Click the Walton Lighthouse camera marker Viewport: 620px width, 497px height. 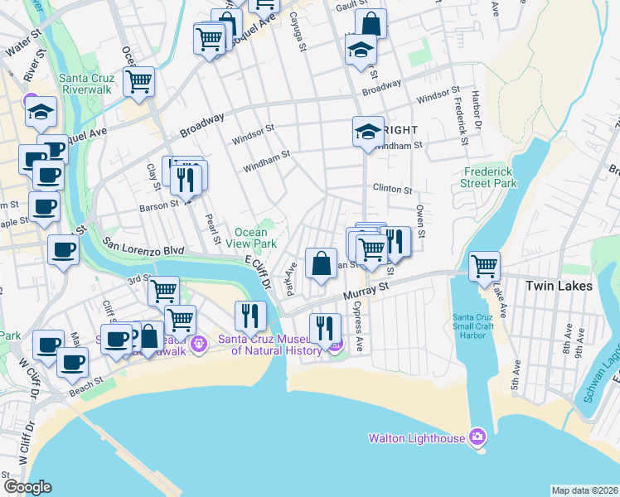pyautogui.click(x=477, y=437)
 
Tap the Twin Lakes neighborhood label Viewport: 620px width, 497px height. pyautogui.click(x=559, y=286)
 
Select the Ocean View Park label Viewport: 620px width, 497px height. pyautogui.click(x=255, y=239)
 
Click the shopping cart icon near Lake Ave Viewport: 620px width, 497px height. pyautogui.click(x=484, y=267)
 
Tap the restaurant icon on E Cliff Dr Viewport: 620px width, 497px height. pyautogui.click(x=247, y=315)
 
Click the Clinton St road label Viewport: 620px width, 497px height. pyautogui.click(x=392, y=190)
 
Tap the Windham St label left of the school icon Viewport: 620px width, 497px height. pyautogui.click(x=266, y=162)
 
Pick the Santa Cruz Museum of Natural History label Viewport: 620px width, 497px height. pyautogui.click(x=269, y=345)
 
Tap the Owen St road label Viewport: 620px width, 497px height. pyautogui.click(x=421, y=221)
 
